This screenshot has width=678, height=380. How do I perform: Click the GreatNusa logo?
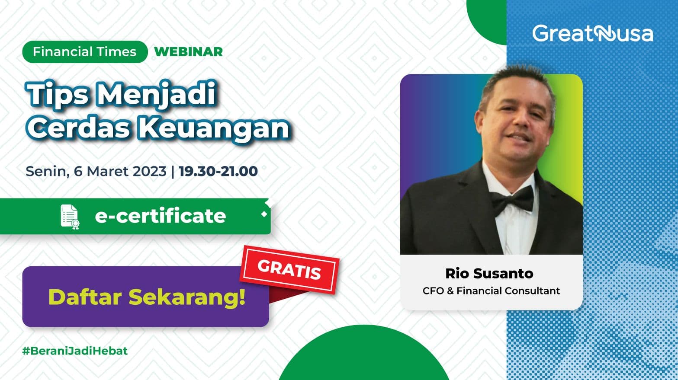tap(592, 33)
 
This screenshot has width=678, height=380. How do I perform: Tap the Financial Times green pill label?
tap(85, 52)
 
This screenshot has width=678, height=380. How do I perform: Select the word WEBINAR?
tap(188, 52)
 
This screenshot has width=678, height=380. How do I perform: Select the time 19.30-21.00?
tap(218, 171)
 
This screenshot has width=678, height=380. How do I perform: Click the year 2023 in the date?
tap(150, 171)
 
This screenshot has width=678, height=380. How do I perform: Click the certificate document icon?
tap(70, 217)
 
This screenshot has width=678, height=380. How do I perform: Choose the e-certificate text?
tap(161, 216)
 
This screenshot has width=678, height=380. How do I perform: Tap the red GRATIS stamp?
tap(289, 270)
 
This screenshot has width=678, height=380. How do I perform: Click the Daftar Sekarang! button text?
tap(147, 297)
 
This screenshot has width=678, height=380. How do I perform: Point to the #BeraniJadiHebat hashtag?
tap(75, 351)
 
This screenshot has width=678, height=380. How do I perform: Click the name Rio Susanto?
tap(489, 273)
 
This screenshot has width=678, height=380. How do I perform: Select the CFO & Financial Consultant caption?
tap(491, 291)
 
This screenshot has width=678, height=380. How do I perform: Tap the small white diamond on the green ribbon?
tap(264, 214)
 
